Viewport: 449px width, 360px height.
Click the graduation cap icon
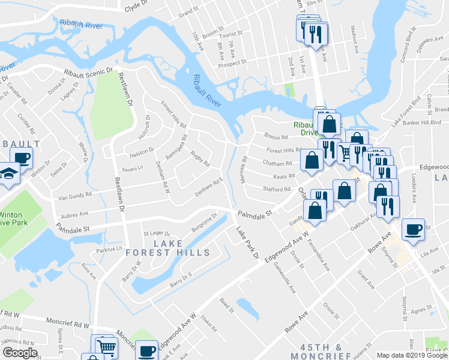click(x=9, y=175)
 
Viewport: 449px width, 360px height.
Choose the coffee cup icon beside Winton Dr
click(x=21, y=158)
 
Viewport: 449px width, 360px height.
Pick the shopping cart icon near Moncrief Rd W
click(x=106, y=347)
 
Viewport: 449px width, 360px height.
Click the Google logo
click(x=20, y=353)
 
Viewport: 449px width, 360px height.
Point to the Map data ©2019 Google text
click(x=412, y=355)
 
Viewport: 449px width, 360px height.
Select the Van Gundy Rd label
click(x=75, y=194)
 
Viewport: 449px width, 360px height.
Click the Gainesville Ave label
click(x=284, y=277)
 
